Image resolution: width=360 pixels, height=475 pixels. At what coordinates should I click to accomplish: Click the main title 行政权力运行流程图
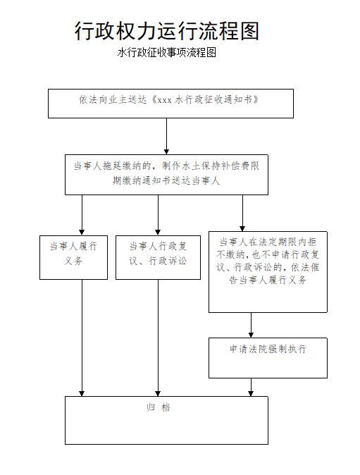(166, 30)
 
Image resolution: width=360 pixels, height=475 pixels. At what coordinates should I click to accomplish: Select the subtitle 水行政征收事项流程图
(166, 52)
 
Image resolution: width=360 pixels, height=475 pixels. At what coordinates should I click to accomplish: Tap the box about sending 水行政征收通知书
(170, 104)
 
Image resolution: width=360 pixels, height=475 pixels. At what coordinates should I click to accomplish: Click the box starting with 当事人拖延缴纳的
(166, 175)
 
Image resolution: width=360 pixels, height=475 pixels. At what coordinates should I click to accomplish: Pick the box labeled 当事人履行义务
(73, 257)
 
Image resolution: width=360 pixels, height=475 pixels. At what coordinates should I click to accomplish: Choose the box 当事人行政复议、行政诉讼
(158, 257)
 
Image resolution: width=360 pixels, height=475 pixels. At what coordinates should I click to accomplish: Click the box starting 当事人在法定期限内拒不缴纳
(268, 272)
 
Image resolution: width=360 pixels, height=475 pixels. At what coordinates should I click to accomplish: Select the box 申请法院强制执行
(268, 358)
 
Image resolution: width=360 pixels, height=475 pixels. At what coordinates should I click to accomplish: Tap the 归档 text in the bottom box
(158, 407)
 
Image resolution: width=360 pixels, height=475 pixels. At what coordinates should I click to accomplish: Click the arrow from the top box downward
(166, 136)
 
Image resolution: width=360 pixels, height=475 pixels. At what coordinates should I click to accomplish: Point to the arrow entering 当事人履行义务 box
(82, 215)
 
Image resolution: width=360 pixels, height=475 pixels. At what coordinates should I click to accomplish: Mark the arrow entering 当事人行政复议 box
(158, 215)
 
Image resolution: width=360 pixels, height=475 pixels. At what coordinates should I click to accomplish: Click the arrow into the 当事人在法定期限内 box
(242, 213)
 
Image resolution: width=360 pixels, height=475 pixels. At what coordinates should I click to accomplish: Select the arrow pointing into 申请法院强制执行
(251, 325)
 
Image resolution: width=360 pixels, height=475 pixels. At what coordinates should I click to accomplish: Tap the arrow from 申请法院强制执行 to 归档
(251, 387)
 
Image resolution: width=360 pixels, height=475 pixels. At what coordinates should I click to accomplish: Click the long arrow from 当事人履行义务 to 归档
(82, 338)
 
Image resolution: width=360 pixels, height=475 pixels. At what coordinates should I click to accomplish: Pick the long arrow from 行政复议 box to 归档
(158, 338)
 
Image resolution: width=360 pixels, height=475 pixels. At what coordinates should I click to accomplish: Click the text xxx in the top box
(165, 100)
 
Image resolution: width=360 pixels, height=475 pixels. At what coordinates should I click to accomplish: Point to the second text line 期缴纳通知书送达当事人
(166, 180)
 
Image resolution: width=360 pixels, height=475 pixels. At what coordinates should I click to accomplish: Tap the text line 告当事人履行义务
(268, 280)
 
